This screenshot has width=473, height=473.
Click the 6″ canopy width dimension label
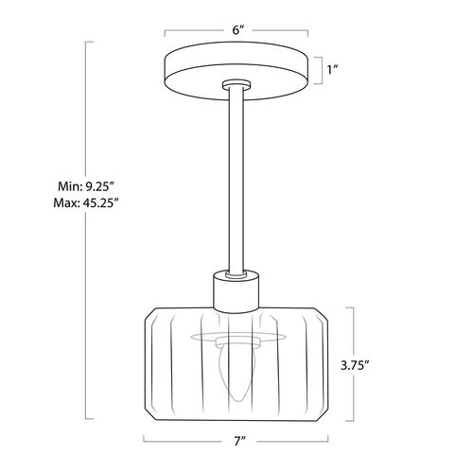pyautogui.click(x=238, y=30)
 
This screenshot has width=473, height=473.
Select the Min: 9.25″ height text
pyautogui.click(x=85, y=186)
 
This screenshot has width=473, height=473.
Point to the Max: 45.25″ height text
pyautogui.click(x=86, y=202)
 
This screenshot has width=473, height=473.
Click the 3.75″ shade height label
pyautogui.click(x=355, y=366)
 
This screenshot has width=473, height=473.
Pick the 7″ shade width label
pyautogui.click(x=240, y=442)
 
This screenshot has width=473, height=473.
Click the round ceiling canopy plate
pyautogui.click(x=236, y=71)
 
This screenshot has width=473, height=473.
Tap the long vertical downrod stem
pyautogui.click(x=236, y=180)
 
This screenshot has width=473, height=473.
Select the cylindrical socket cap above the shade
pyautogui.click(x=236, y=291)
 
